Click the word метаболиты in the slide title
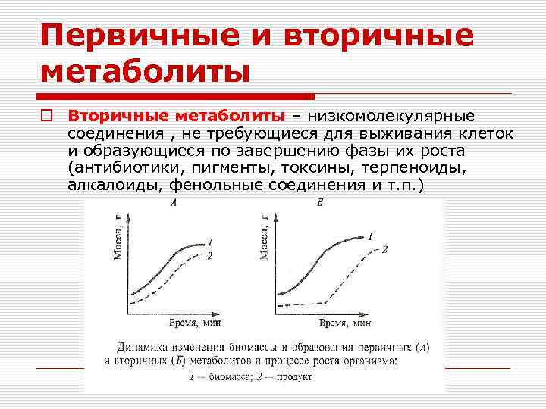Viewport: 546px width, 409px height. pyautogui.click(x=145, y=72)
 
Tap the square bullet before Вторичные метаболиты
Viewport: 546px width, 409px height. pyautogui.click(x=46, y=116)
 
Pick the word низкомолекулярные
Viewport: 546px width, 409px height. pyautogui.click(x=388, y=116)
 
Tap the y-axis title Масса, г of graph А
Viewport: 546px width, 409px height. pyautogui.click(x=119, y=237)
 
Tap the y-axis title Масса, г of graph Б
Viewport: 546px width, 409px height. pyautogui.click(x=265, y=237)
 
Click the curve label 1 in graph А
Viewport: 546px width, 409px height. pyautogui.click(x=209, y=242)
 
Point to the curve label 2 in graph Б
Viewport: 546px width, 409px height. pyautogui.click(x=384, y=249)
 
